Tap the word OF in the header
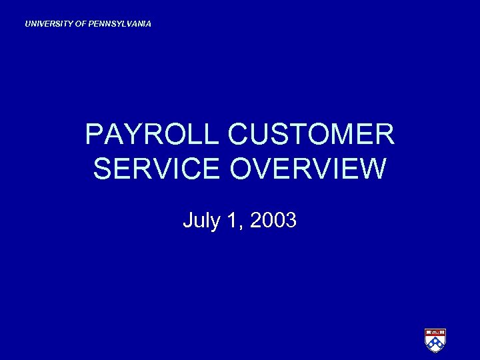80,24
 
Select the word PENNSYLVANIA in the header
120,24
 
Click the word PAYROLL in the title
151,135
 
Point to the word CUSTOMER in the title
311,135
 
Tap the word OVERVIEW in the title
308,168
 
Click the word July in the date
201,220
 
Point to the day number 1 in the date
232,220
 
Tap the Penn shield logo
435,339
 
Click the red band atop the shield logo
435,332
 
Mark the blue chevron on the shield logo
435,343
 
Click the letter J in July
187,220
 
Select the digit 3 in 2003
290,220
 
